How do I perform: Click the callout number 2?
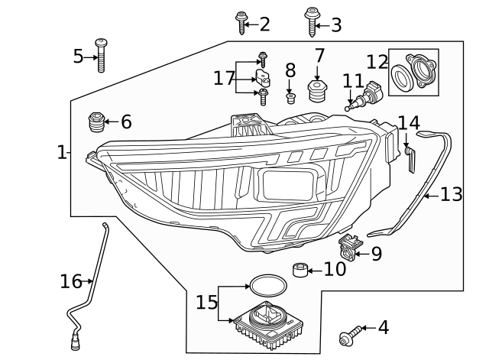coord(264,24)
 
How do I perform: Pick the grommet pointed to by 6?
coord(96,122)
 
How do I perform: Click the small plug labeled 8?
coord(290,98)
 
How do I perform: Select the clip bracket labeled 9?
coord(348,247)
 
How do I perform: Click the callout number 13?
coord(451,195)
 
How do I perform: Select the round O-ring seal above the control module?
coord(265,286)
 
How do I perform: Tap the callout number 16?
coord(70,282)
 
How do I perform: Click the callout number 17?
coord(224,78)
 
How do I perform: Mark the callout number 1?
coord(61,153)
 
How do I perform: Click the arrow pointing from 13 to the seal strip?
coord(430,196)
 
